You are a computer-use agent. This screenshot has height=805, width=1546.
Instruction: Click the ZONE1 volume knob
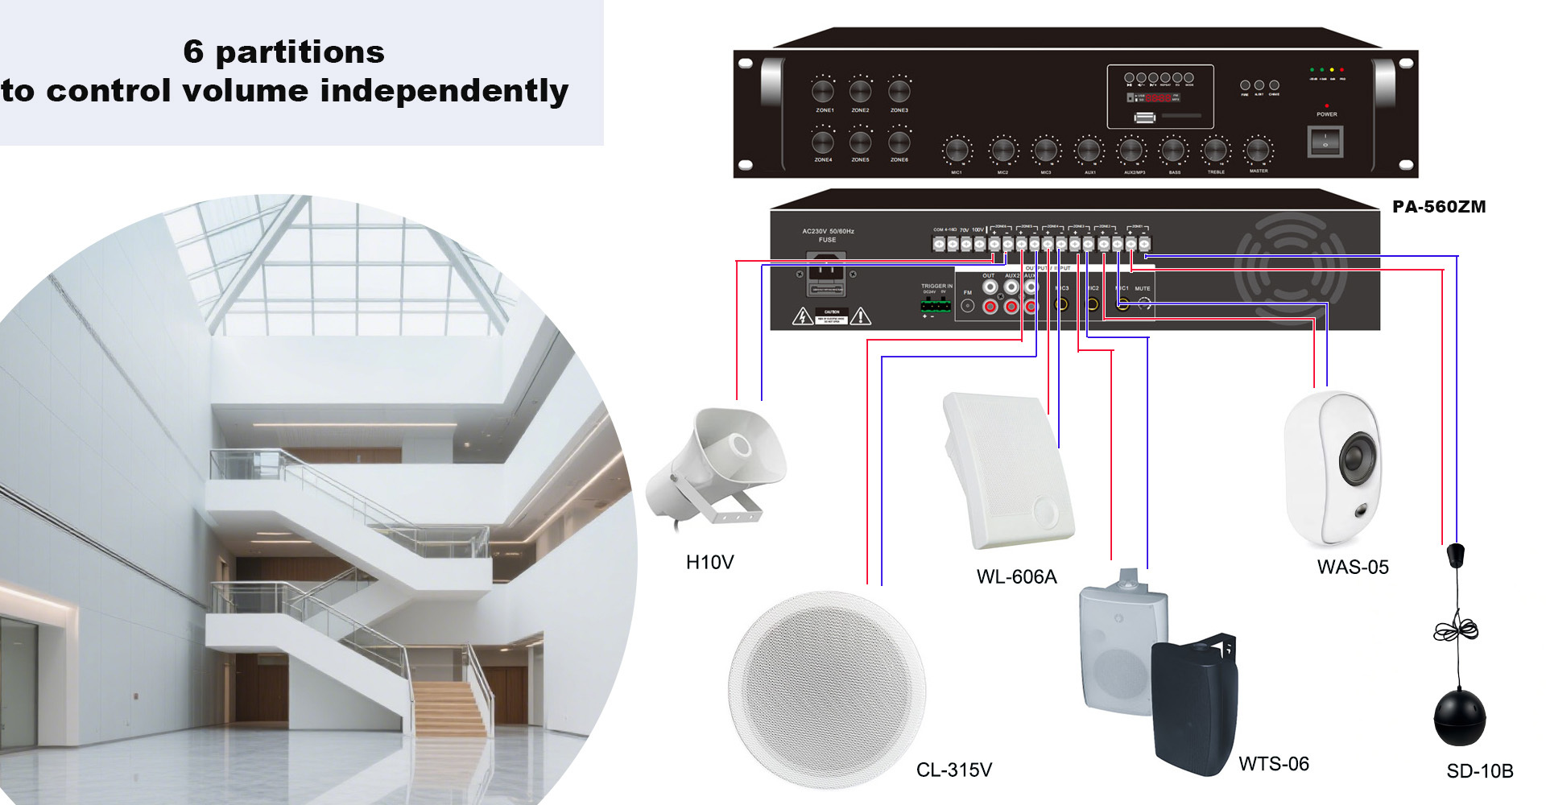(x=823, y=90)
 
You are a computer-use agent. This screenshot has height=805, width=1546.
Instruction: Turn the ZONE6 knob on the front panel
(x=899, y=142)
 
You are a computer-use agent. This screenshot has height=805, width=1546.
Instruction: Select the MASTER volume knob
(x=1257, y=150)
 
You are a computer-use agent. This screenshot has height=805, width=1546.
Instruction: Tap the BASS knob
(x=1173, y=150)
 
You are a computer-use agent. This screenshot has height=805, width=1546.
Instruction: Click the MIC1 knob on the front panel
(x=957, y=150)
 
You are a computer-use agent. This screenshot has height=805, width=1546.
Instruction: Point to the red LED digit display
(x=1159, y=98)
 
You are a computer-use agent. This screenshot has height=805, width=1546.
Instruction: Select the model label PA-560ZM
(x=1439, y=207)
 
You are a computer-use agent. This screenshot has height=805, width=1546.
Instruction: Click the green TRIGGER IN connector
(x=934, y=305)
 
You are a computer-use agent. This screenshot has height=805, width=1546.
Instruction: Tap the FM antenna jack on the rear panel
(x=968, y=306)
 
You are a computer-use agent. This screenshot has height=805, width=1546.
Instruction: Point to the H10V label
(x=709, y=563)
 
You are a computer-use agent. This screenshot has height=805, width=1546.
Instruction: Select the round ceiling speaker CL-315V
(x=826, y=690)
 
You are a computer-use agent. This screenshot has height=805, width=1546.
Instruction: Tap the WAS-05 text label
(x=1353, y=568)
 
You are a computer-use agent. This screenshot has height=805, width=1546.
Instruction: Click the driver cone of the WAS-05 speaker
(x=1358, y=459)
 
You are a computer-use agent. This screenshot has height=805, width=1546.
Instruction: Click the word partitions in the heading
(x=300, y=52)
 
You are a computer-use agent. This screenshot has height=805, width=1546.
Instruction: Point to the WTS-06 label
(x=1273, y=764)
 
